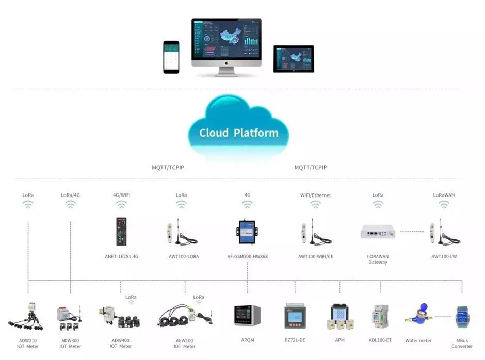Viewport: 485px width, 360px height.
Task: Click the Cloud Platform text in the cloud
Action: pos(239,133)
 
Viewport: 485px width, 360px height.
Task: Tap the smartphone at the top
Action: pos(171,57)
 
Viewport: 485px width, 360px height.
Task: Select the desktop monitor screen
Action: pos(227,40)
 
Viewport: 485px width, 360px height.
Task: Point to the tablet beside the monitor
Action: pos(293,58)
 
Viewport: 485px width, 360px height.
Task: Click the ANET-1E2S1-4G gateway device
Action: pos(121,231)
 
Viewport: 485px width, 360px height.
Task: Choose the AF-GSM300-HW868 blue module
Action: pos(247,233)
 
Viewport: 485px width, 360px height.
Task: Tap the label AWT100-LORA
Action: pos(184,256)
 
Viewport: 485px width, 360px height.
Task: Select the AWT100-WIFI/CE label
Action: pos(315,256)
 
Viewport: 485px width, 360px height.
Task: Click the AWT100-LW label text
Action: pos(444,256)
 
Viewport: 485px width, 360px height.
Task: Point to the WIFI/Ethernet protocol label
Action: pos(315,195)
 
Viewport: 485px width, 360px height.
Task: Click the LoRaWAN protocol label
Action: pos(444,195)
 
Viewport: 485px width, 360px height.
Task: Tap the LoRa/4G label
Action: pos(70,195)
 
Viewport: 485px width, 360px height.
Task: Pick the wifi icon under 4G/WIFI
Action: pos(121,204)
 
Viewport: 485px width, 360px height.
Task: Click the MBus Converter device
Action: pos(462,317)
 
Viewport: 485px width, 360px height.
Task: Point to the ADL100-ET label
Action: pos(381,340)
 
